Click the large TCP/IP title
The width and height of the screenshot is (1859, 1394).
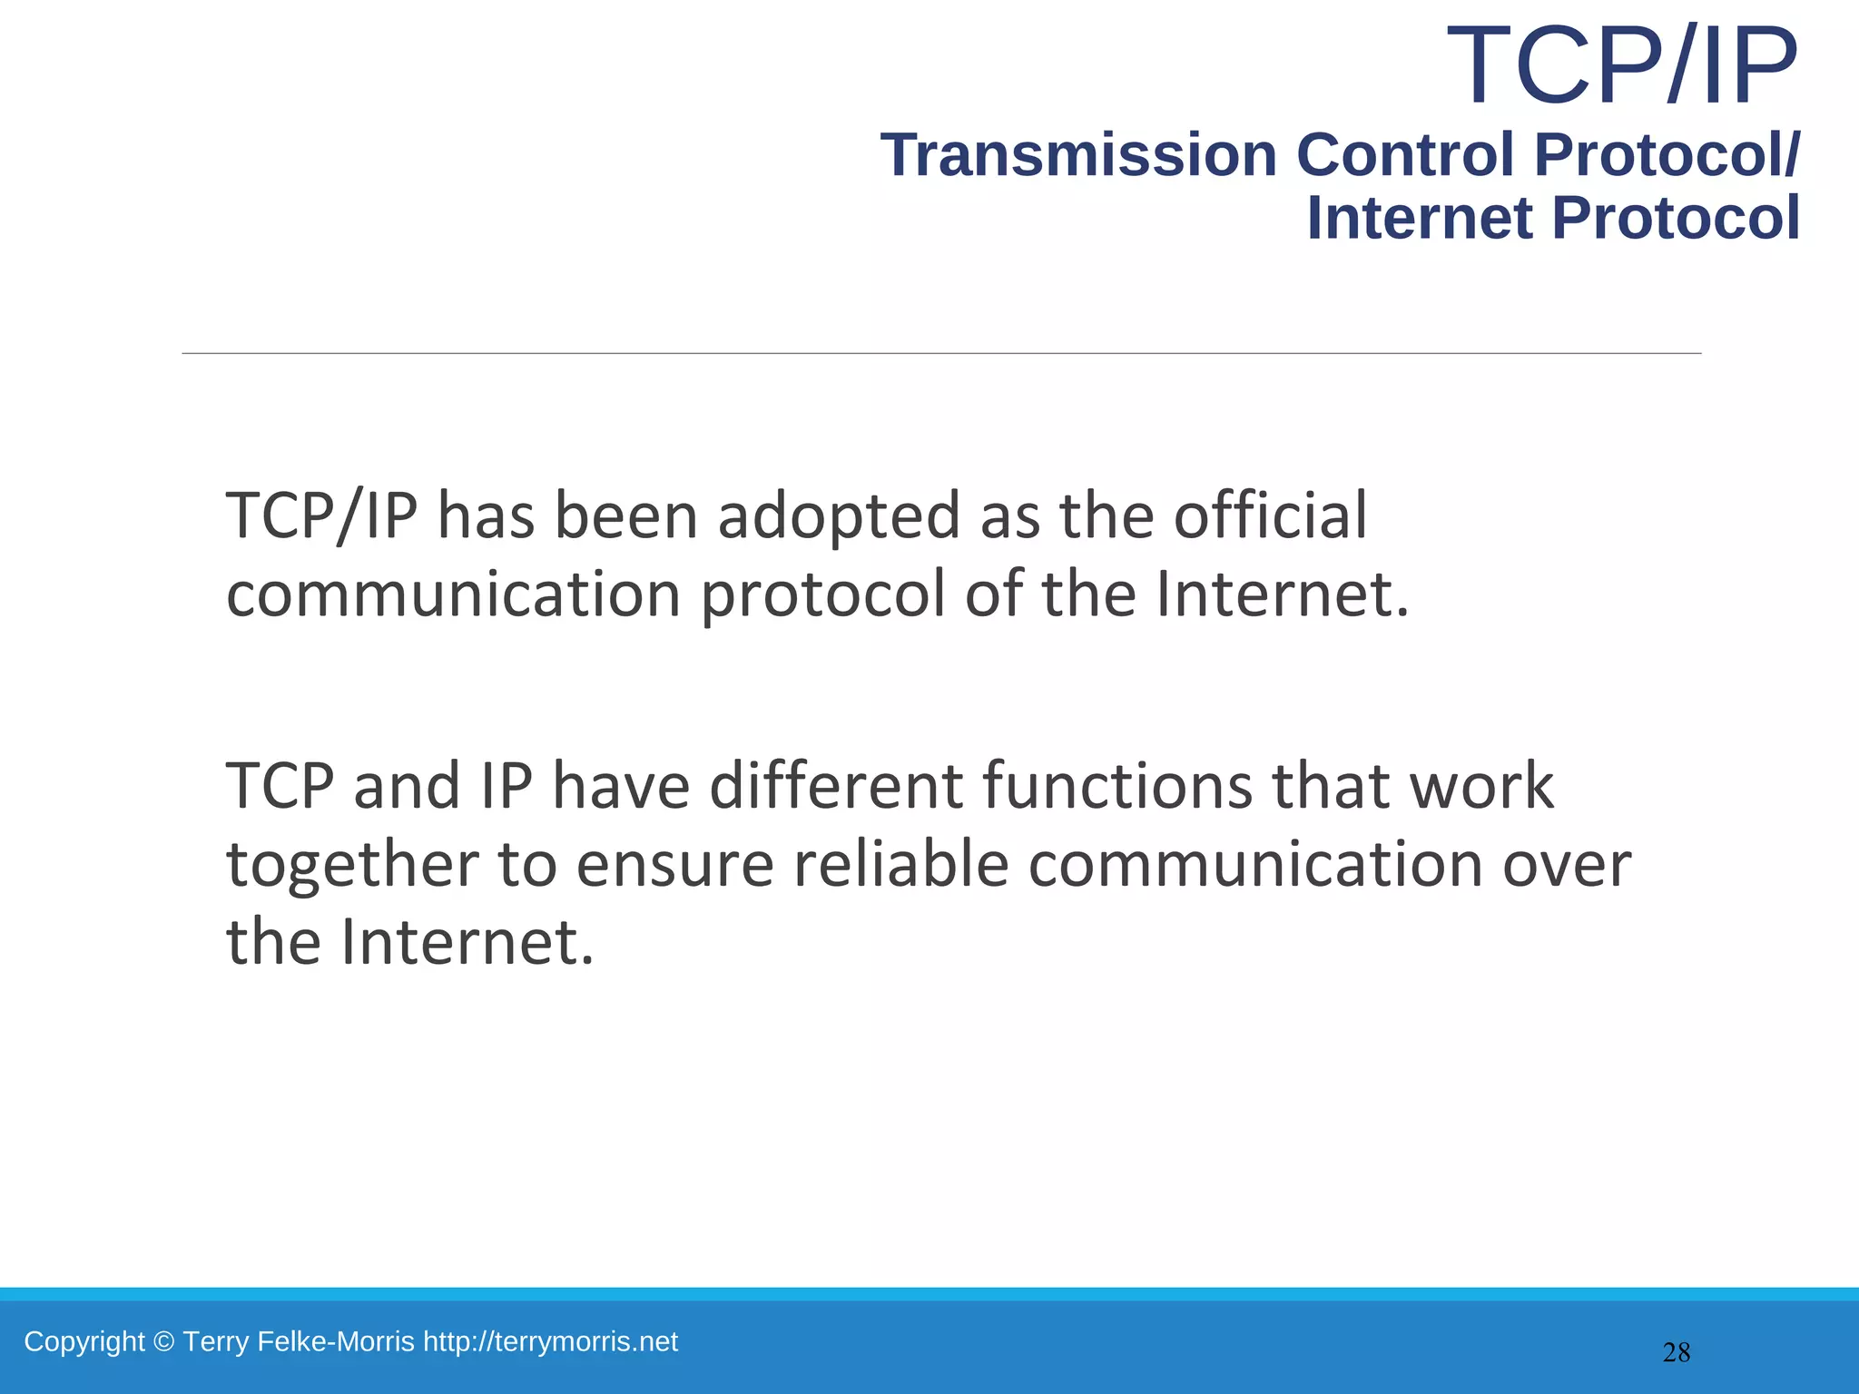pos(1621,66)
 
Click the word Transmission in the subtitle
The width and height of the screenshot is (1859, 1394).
pos(1078,155)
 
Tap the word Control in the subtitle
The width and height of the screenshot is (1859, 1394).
pos(1405,155)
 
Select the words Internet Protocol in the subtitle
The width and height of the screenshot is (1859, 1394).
pos(1552,219)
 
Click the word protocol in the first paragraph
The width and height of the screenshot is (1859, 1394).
pos(822,594)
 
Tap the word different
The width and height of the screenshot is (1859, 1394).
pos(835,785)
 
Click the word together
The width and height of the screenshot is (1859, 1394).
pos(352,864)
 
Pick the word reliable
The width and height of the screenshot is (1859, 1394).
pos(900,864)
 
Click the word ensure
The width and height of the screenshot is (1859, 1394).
pos(674,864)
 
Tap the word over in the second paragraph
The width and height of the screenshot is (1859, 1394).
pos(1566,864)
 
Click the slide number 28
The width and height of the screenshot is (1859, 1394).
pos(1676,1353)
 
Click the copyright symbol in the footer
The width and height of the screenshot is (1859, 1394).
pos(163,1341)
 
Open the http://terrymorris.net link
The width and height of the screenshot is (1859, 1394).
pos(550,1341)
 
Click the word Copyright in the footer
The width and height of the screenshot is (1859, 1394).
pos(84,1341)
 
